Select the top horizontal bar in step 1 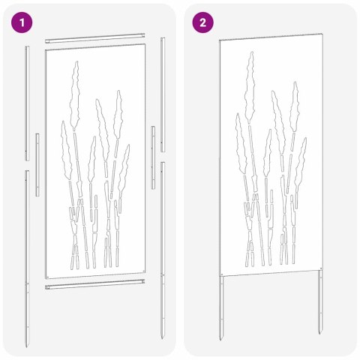tap(94, 37)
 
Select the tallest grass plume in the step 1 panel tap(74, 97)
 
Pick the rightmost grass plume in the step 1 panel tap(124, 165)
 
